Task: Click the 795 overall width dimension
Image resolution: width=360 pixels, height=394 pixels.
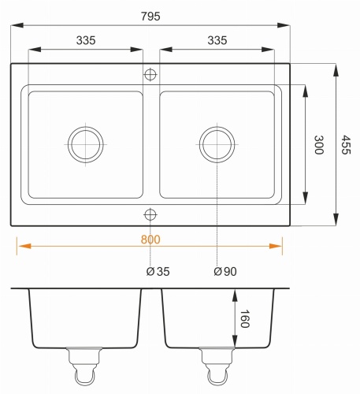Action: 150,17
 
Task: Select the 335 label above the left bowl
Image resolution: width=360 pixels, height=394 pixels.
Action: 86,40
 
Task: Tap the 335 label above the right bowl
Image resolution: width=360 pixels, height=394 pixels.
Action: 217,40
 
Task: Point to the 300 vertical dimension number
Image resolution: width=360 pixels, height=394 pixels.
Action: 319,145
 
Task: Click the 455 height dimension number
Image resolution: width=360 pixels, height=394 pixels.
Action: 346,145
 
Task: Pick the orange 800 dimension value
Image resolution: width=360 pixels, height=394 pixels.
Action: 150,240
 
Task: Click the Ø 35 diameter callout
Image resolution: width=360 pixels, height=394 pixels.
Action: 158,272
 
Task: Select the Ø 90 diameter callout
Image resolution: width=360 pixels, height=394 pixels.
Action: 225,272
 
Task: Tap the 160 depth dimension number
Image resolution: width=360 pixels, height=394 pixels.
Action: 245,318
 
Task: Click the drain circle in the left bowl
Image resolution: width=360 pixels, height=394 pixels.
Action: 86,127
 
